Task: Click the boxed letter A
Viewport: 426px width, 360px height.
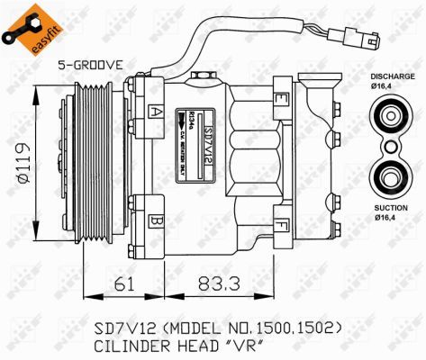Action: coord(157,112)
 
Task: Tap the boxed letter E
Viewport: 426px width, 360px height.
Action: coord(282,97)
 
